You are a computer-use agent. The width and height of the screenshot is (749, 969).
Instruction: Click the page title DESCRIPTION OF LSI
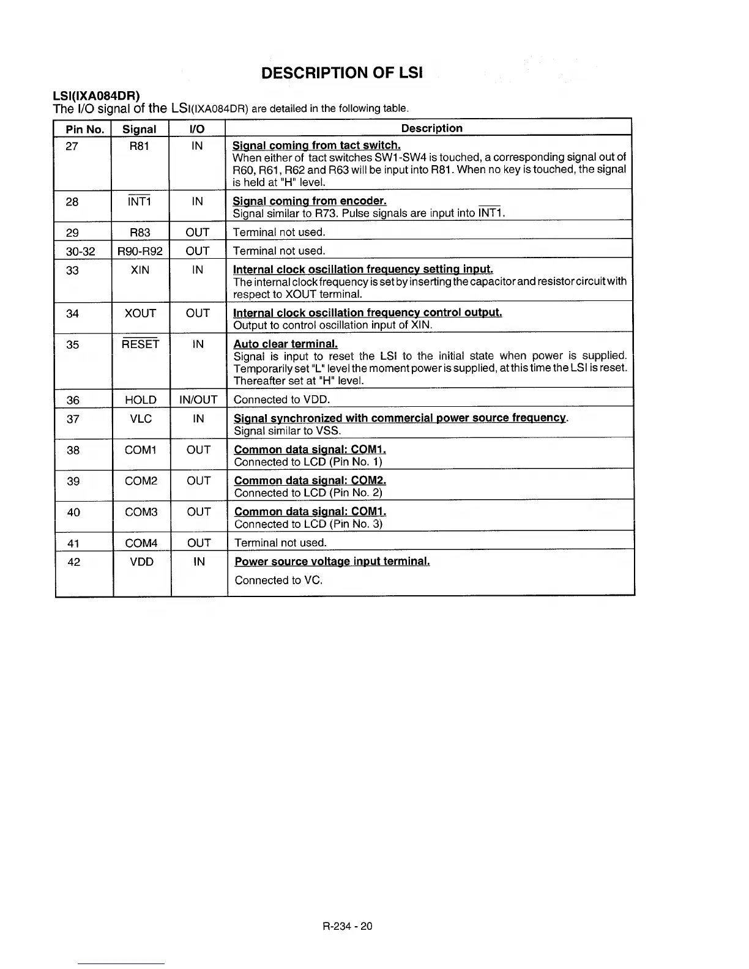coord(341,73)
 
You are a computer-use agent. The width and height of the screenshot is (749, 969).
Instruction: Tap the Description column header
coord(431,128)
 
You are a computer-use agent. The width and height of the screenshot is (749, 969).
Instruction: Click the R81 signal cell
coord(140,146)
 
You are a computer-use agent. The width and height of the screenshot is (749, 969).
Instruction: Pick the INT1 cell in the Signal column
coord(140,201)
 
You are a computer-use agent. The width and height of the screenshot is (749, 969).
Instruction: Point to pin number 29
coord(72,232)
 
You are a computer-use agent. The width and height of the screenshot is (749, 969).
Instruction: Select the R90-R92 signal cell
coord(140,251)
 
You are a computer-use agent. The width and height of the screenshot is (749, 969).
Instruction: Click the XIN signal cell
coord(140,270)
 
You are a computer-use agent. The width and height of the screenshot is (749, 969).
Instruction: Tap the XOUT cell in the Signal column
coord(140,313)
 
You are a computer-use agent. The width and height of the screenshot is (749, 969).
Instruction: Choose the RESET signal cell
coord(140,344)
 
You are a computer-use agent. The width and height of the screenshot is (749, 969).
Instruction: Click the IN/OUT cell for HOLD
coord(198,400)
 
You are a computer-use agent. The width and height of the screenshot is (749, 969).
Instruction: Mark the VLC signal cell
coord(141,418)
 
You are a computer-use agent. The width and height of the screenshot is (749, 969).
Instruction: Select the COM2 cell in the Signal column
coord(141,481)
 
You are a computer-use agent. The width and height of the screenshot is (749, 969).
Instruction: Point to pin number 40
coord(73,512)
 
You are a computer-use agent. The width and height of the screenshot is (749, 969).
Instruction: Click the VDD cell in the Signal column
coord(142,562)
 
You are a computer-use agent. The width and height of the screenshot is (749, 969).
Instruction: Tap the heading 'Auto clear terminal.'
coord(286,344)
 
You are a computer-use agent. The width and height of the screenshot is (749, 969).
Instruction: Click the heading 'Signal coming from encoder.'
coord(310,201)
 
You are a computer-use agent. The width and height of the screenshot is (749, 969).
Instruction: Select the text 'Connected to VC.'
coord(278,580)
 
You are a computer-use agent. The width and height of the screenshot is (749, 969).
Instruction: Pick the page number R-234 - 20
coord(348,926)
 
